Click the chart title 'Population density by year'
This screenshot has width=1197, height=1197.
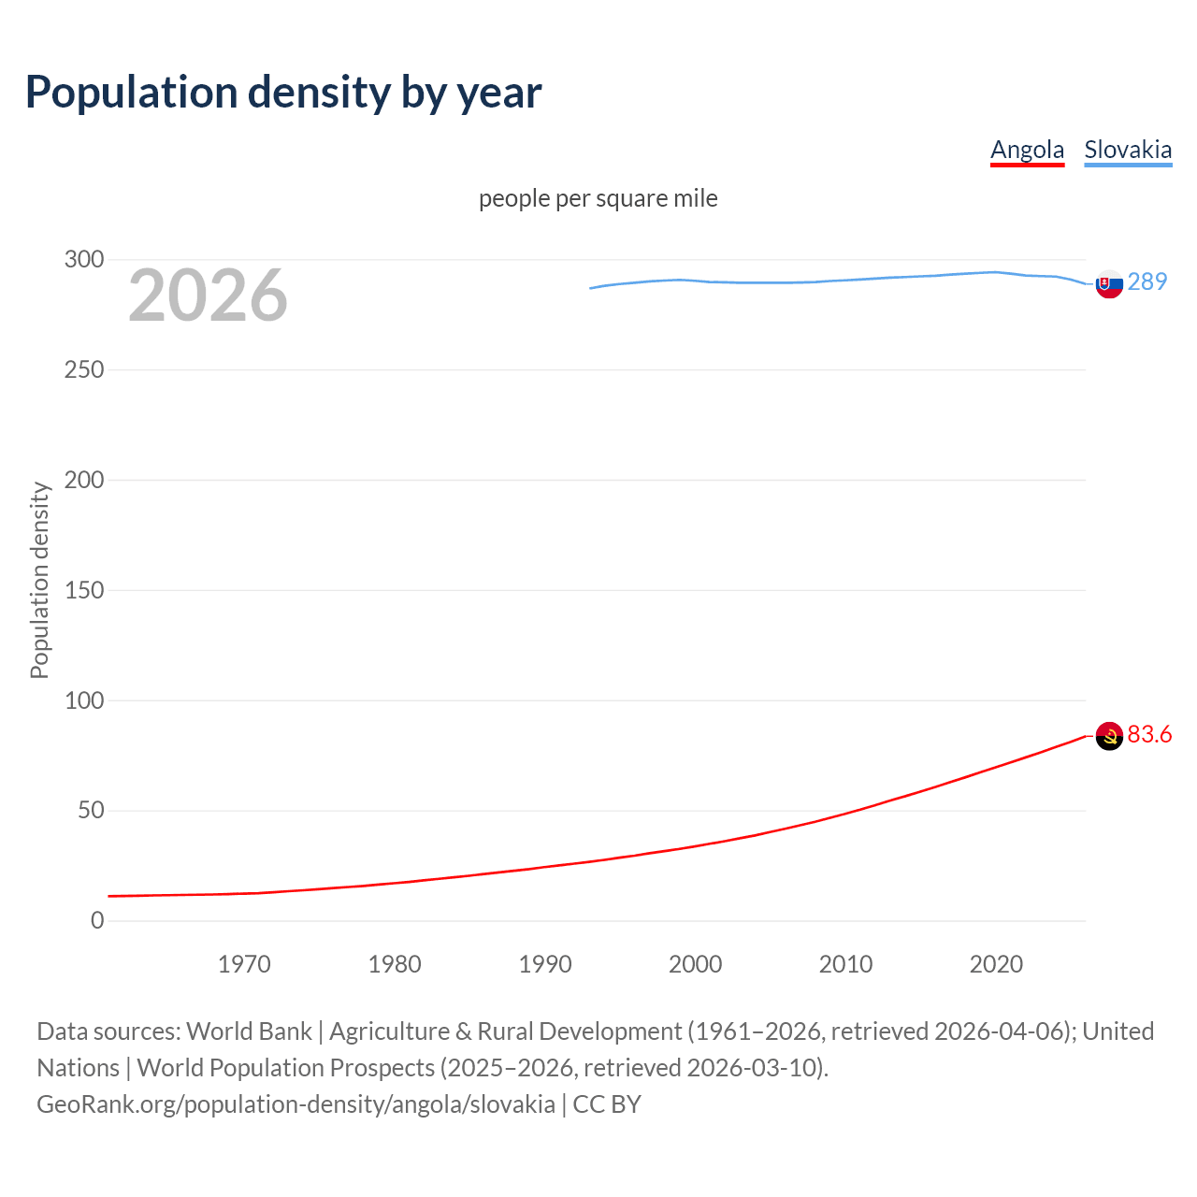click(283, 93)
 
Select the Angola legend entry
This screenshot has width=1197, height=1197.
click(1027, 151)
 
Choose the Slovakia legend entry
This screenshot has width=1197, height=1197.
click(1128, 151)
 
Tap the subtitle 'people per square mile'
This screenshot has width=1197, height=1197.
click(598, 199)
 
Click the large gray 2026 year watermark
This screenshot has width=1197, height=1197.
click(208, 296)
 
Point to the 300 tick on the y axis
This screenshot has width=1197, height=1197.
click(84, 260)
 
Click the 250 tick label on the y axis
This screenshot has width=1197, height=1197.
click(84, 370)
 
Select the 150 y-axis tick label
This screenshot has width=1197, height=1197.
click(84, 590)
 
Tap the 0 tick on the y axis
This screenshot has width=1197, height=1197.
click(97, 921)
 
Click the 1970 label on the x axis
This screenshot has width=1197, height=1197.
click(244, 964)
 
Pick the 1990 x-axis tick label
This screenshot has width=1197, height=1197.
click(545, 964)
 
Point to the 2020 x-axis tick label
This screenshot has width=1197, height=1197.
click(996, 964)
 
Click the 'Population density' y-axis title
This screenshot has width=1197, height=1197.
click(39, 580)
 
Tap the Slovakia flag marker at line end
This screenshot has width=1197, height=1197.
click(1109, 284)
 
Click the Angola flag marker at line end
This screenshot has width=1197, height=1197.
click(1109, 737)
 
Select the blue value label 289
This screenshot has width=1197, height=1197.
click(1147, 282)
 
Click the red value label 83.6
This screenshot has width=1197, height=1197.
click(1149, 735)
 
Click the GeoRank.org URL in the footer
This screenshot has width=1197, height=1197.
click(296, 1104)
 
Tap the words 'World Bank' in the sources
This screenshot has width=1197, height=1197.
click(249, 1031)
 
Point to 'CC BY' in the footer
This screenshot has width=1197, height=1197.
click(607, 1104)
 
